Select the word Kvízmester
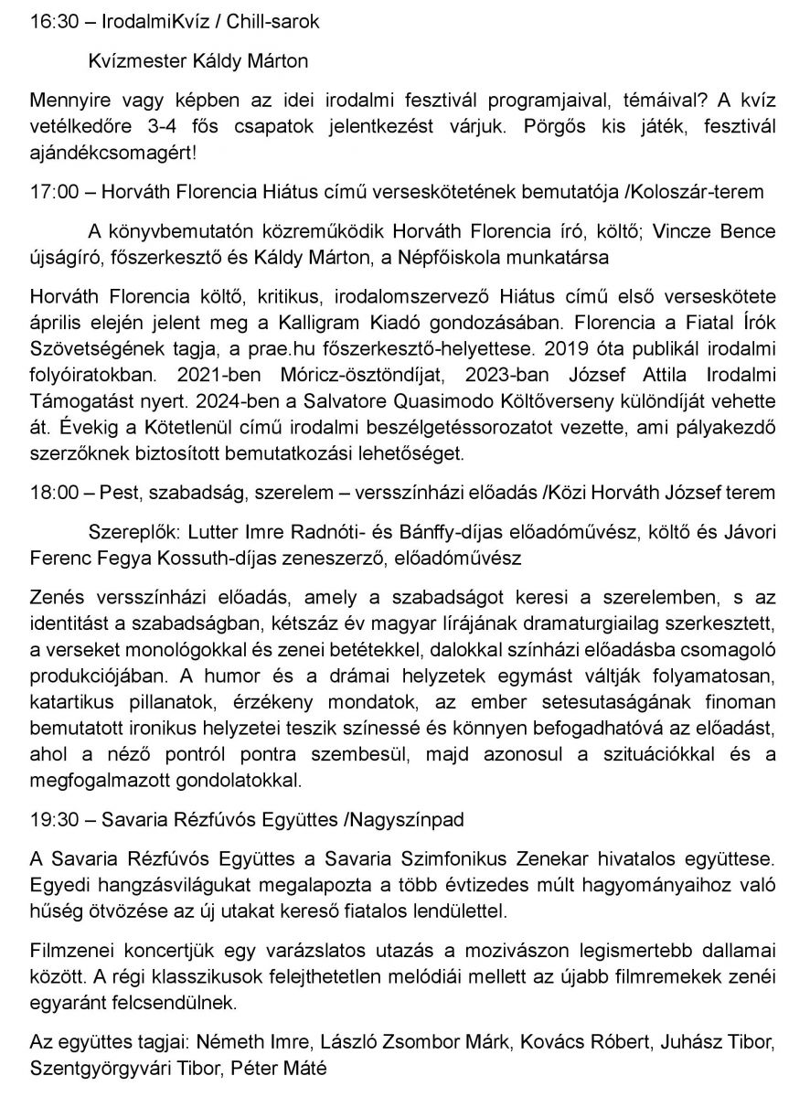click(x=134, y=62)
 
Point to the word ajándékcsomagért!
click(x=112, y=151)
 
